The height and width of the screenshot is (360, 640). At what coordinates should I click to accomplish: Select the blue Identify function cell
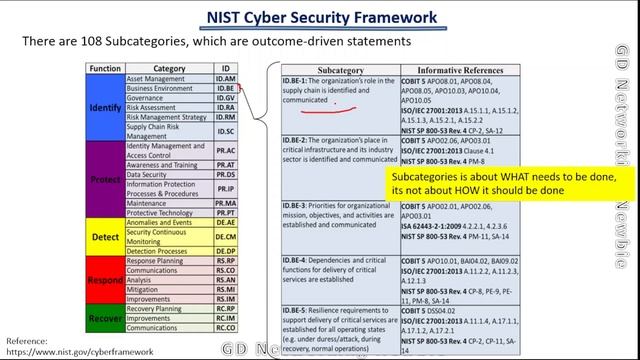click(x=104, y=107)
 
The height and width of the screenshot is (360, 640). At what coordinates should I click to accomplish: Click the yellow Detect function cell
click(x=104, y=236)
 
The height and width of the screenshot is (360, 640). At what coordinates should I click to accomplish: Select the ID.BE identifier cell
click(x=225, y=88)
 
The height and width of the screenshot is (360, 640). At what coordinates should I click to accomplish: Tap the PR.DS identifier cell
click(x=225, y=174)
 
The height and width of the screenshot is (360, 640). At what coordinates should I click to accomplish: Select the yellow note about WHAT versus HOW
click(x=510, y=183)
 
